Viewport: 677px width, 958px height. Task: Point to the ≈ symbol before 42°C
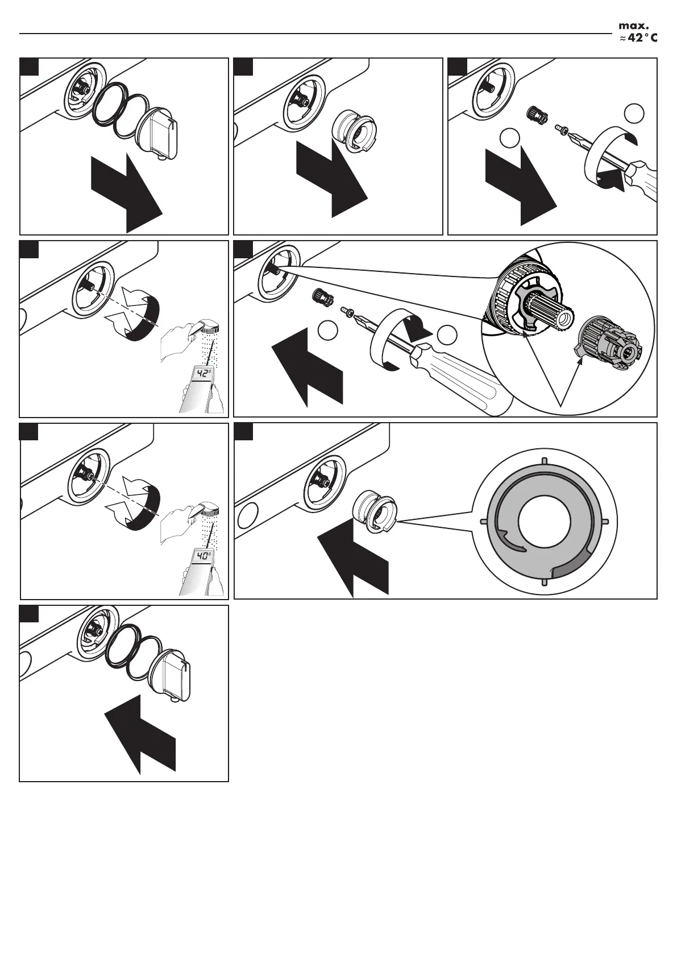click(622, 39)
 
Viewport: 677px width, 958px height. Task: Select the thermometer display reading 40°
click(203, 556)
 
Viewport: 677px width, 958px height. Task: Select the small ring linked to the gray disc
click(375, 513)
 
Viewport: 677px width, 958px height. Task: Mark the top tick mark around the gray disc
click(544, 460)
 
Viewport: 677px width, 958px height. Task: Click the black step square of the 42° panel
click(29, 249)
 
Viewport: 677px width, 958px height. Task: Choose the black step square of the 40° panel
click(29, 431)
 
